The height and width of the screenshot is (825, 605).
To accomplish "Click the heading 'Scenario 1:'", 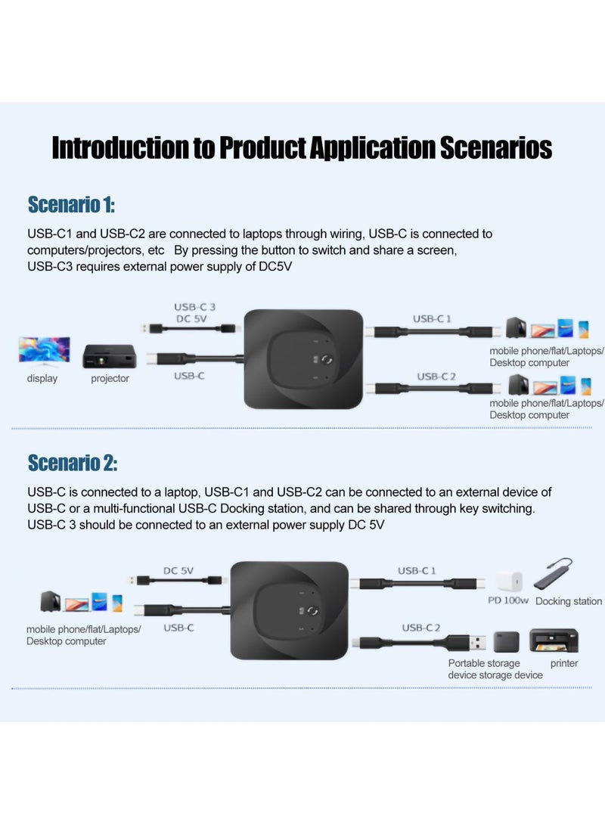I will tap(71, 205).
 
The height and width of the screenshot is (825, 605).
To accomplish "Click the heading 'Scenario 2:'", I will tap(73, 462).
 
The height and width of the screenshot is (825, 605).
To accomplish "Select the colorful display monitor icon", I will tap(44, 350).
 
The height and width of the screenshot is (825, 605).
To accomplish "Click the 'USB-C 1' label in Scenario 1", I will tap(432, 318).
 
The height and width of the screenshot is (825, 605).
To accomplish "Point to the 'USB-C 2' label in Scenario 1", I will tap(436, 376).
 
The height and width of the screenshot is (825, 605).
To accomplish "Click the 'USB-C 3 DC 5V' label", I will tap(195, 312).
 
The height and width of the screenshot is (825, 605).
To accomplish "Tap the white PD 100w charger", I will tap(506, 582).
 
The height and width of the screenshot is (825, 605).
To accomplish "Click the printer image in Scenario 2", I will tap(554, 640).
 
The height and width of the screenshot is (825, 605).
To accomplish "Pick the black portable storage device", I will tap(507, 643).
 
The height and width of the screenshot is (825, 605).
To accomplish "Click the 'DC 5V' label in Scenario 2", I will tap(178, 571).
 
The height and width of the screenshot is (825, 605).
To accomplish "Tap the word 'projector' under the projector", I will tap(110, 378).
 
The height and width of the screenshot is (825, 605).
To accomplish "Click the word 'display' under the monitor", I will tap(42, 378).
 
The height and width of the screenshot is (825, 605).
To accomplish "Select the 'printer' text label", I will tap(564, 663).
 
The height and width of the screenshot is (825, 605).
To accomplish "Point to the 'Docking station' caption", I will tap(568, 601).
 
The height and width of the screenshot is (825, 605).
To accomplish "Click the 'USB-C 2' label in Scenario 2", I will tap(421, 627).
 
